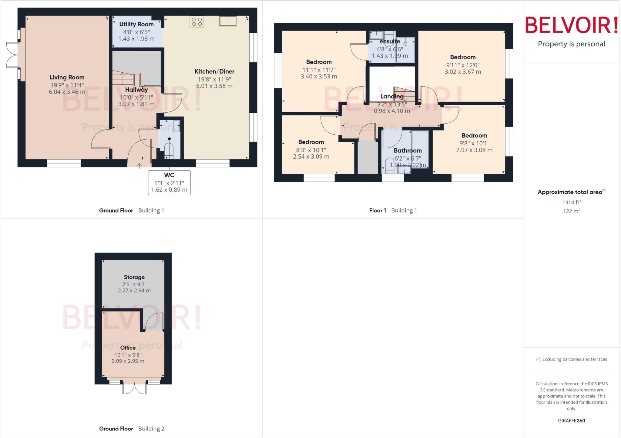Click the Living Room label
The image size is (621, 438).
pyautogui.click(x=67, y=77)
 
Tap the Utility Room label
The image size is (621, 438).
pyautogui.click(x=136, y=24)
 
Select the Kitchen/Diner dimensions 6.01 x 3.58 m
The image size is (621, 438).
pyautogui.click(x=214, y=86)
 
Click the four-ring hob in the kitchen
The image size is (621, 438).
pyautogui.click(x=197, y=22)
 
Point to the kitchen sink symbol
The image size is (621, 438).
pyautogui.click(x=228, y=21)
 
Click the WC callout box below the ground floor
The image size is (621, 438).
pyautogui.click(x=169, y=183)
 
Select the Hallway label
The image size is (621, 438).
pyautogui.click(x=136, y=90)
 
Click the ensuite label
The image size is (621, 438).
pyautogui.click(x=390, y=41)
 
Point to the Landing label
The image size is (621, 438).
pyautogui.click(x=392, y=97)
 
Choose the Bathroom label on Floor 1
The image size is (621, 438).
pyautogui.click(x=408, y=150)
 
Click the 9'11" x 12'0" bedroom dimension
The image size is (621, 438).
pyautogui.click(x=463, y=65)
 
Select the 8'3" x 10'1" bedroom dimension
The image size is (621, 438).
pyautogui.click(x=311, y=150)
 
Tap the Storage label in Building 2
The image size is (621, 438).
pyautogui.click(x=134, y=277)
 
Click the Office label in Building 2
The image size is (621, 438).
pyautogui.click(x=128, y=348)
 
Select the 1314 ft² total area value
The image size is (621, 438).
pyautogui.click(x=571, y=203)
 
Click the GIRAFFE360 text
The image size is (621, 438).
pyautogui.click(x=571, y=420)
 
